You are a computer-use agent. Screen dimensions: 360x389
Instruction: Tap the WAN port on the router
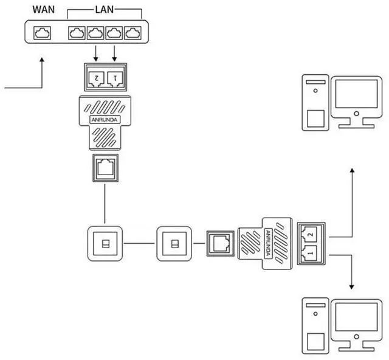(x=42, y=33)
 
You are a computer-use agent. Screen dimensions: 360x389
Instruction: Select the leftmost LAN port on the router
(x=77, y=33)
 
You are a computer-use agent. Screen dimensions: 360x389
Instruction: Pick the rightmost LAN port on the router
(x=132, y=33)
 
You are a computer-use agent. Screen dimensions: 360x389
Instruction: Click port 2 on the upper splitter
(x=95, y=77)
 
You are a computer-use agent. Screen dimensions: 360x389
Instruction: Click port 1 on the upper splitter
(x=114, y=77)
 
